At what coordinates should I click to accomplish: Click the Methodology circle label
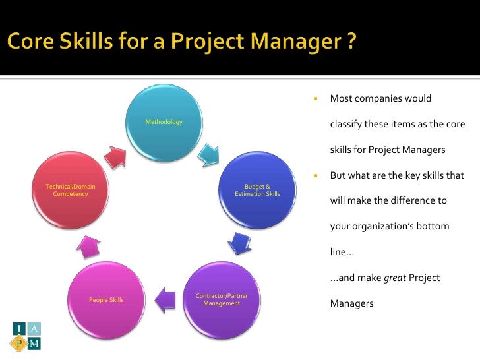click(164, 122)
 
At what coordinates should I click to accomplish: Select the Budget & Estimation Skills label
click(257, 191)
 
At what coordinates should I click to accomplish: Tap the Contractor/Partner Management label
click(222, 300)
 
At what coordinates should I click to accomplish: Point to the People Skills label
click(106, 300)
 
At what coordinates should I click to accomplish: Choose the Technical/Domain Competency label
click(70, 191)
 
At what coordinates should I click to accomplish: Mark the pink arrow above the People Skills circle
click(87, 247)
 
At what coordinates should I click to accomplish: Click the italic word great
click(394, 278)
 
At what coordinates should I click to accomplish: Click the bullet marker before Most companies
click(315, 99)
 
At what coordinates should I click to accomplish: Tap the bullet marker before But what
click(315, 176)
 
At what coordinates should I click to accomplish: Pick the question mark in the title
click(351, 43)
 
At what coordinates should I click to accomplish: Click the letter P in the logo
click(18, 343)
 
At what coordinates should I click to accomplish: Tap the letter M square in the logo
click(34, 343)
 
